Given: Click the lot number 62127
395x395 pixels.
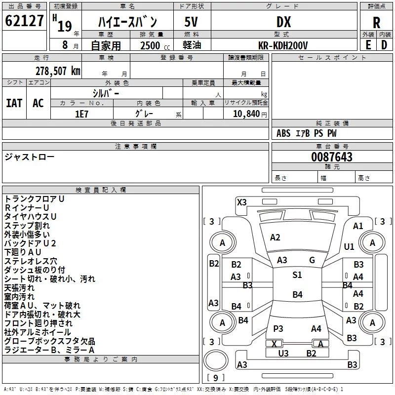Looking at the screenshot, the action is [24, 21].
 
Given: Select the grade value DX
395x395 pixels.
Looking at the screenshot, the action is [283, 22].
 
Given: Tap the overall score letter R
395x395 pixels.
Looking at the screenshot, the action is [376, 23].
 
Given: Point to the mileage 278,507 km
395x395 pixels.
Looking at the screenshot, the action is [58, 71].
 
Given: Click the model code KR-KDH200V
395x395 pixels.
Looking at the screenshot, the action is [283, 45].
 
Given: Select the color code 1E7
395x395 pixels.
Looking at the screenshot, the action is [81, 114].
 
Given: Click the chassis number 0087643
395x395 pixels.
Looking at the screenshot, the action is [332, 157].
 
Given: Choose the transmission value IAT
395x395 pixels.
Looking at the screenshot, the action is [14, 103].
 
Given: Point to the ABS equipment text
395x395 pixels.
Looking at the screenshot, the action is [283, 133].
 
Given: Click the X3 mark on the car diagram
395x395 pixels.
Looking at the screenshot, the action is [241, 202].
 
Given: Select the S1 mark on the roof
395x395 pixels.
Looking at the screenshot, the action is [297, 275].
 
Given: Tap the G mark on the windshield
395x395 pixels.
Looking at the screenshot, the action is [312, 260].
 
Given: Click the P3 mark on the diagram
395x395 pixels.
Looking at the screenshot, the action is [278, 328].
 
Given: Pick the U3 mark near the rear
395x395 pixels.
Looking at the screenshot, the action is [283, 353].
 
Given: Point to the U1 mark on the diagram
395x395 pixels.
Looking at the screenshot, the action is [349, 246].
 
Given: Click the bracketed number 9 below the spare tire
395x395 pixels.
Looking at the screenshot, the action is [215, 378].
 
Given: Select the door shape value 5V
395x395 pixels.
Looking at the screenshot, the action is [191, 22].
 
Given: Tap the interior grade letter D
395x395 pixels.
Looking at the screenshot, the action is [384, 45].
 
